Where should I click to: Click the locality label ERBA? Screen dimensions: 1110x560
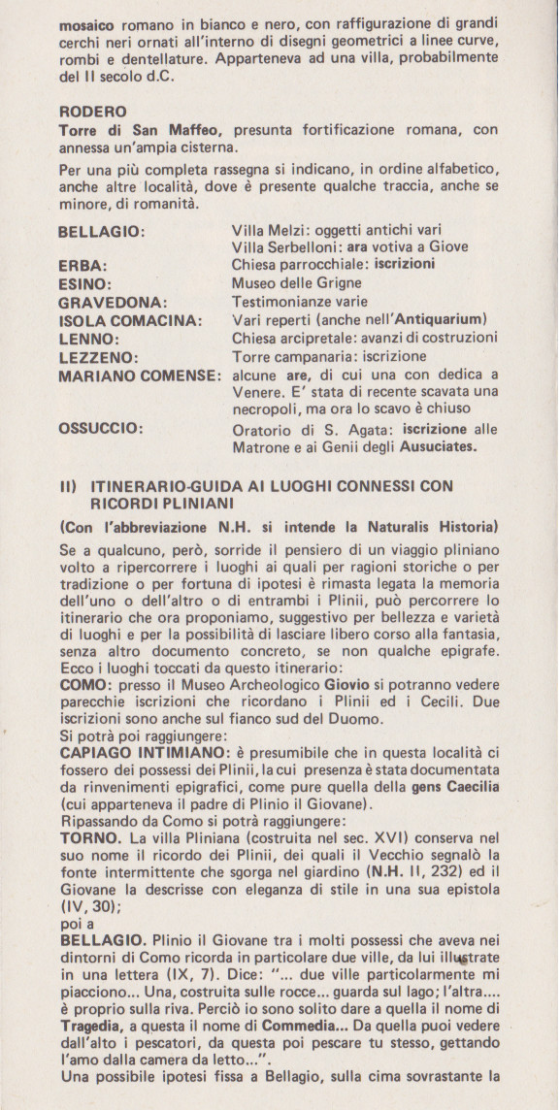tap(82, 265)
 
